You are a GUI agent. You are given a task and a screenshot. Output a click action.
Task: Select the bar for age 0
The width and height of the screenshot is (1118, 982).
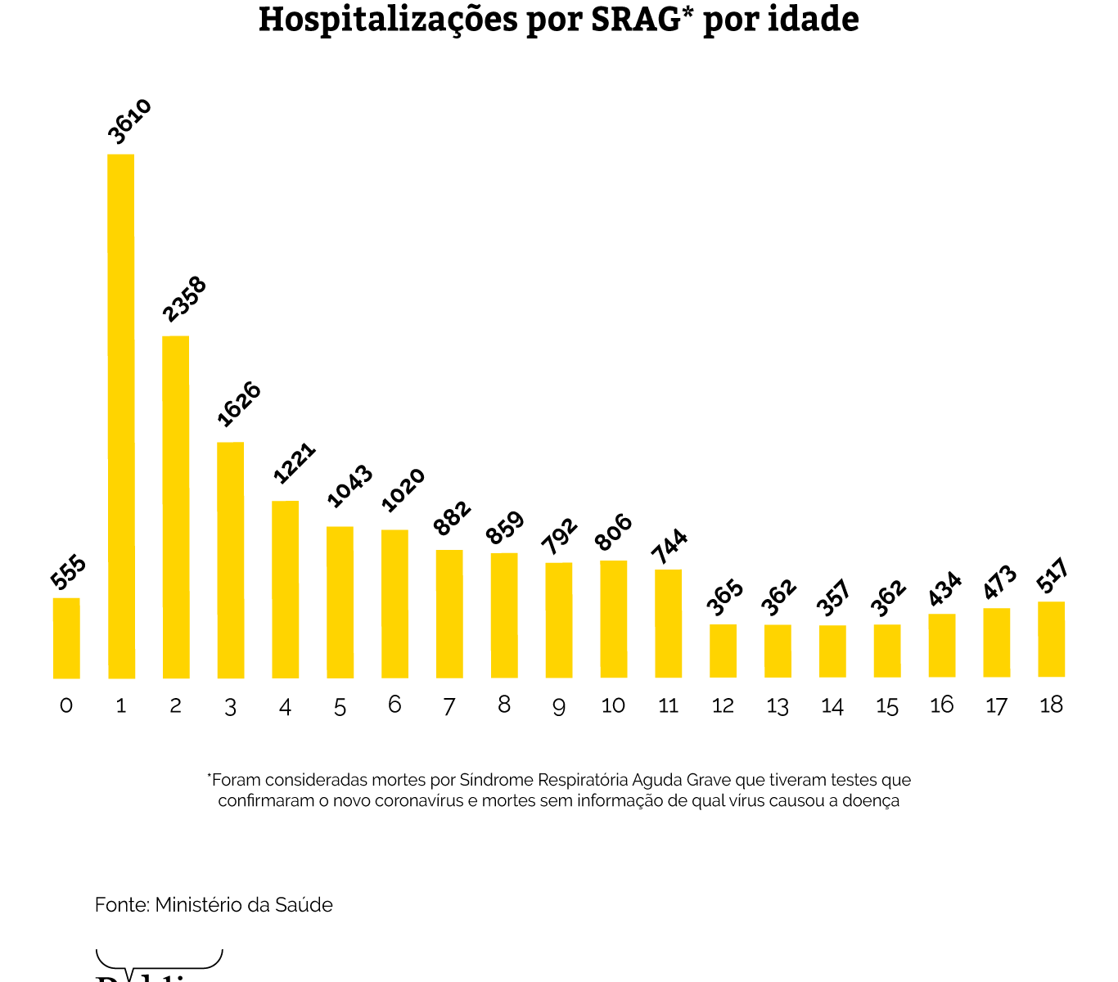(66, 638)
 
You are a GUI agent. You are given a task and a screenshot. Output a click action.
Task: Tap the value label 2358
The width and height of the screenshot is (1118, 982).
(185, 300)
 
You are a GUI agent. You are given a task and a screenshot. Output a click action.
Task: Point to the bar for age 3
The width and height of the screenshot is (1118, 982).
(230, 561)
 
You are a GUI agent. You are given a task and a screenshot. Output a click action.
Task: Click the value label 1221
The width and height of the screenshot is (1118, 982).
(294, 463)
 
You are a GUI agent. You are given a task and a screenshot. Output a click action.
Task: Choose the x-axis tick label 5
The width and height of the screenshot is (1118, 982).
(340, 706)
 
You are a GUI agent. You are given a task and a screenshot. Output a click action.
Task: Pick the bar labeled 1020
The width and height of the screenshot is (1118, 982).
(394, 604)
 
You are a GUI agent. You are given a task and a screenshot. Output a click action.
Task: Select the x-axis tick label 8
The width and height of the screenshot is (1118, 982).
(504, 705)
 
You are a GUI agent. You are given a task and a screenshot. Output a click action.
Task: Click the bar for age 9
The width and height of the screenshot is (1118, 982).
(559, 620)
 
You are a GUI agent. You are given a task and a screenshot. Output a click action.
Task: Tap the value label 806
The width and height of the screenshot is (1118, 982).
(614, 533)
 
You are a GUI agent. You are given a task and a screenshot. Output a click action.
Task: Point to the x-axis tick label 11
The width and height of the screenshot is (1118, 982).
(668, 705)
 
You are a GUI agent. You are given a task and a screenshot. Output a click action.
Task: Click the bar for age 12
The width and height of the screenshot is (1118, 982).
(723, 651)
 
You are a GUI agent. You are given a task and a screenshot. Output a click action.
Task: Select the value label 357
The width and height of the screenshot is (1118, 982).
(834, 598)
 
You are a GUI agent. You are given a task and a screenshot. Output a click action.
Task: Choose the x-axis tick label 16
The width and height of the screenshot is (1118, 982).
(941, 705)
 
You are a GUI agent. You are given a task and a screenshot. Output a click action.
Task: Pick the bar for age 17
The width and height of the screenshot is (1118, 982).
(996, 642)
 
